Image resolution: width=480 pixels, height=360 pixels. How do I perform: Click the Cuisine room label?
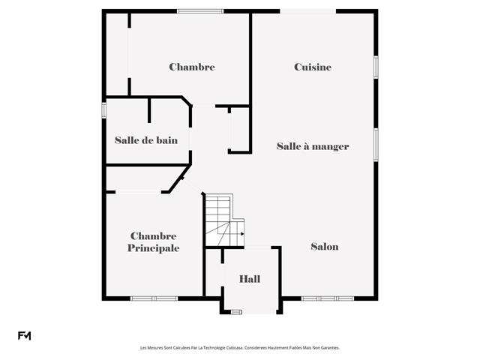[x=313, y=67]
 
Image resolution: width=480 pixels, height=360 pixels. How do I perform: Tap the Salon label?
[x=325, y=247]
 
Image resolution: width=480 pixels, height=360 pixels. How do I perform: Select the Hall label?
[x=250, y=279]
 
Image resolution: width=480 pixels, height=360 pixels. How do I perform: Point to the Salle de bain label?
[x=146, y=140]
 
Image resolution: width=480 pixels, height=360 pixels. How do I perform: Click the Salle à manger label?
[x=313, y=146]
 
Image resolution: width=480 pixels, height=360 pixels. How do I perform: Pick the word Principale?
[x=153, y=248]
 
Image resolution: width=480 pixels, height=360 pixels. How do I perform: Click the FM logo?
[x=24, y=336]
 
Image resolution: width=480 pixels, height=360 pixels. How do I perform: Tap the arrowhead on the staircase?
[x=242, y=234]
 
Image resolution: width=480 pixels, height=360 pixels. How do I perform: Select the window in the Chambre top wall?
[x=200, y=11]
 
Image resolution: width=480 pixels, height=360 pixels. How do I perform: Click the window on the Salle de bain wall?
[x=103, y=110]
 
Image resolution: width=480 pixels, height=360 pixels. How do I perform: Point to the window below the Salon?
[x=328, y=298]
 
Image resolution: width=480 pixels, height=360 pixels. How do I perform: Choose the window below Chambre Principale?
[x=154, y=298]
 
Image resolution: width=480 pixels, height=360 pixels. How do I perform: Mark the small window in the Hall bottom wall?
[x=236, y=312]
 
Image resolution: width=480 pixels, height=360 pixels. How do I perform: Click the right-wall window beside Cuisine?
[x=376, y=67]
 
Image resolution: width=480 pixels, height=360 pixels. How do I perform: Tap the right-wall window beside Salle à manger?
[x=376, y=145]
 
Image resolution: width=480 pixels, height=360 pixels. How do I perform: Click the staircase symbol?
[x=225, y=220]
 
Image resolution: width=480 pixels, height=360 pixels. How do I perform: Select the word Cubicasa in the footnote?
[x=235, y=348]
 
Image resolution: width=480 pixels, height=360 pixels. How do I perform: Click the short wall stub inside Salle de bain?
[x=149, y=110]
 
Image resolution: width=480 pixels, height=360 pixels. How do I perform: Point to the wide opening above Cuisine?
[x=308, y=11]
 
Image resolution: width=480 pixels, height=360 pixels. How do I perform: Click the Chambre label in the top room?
[x=192, y=67]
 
